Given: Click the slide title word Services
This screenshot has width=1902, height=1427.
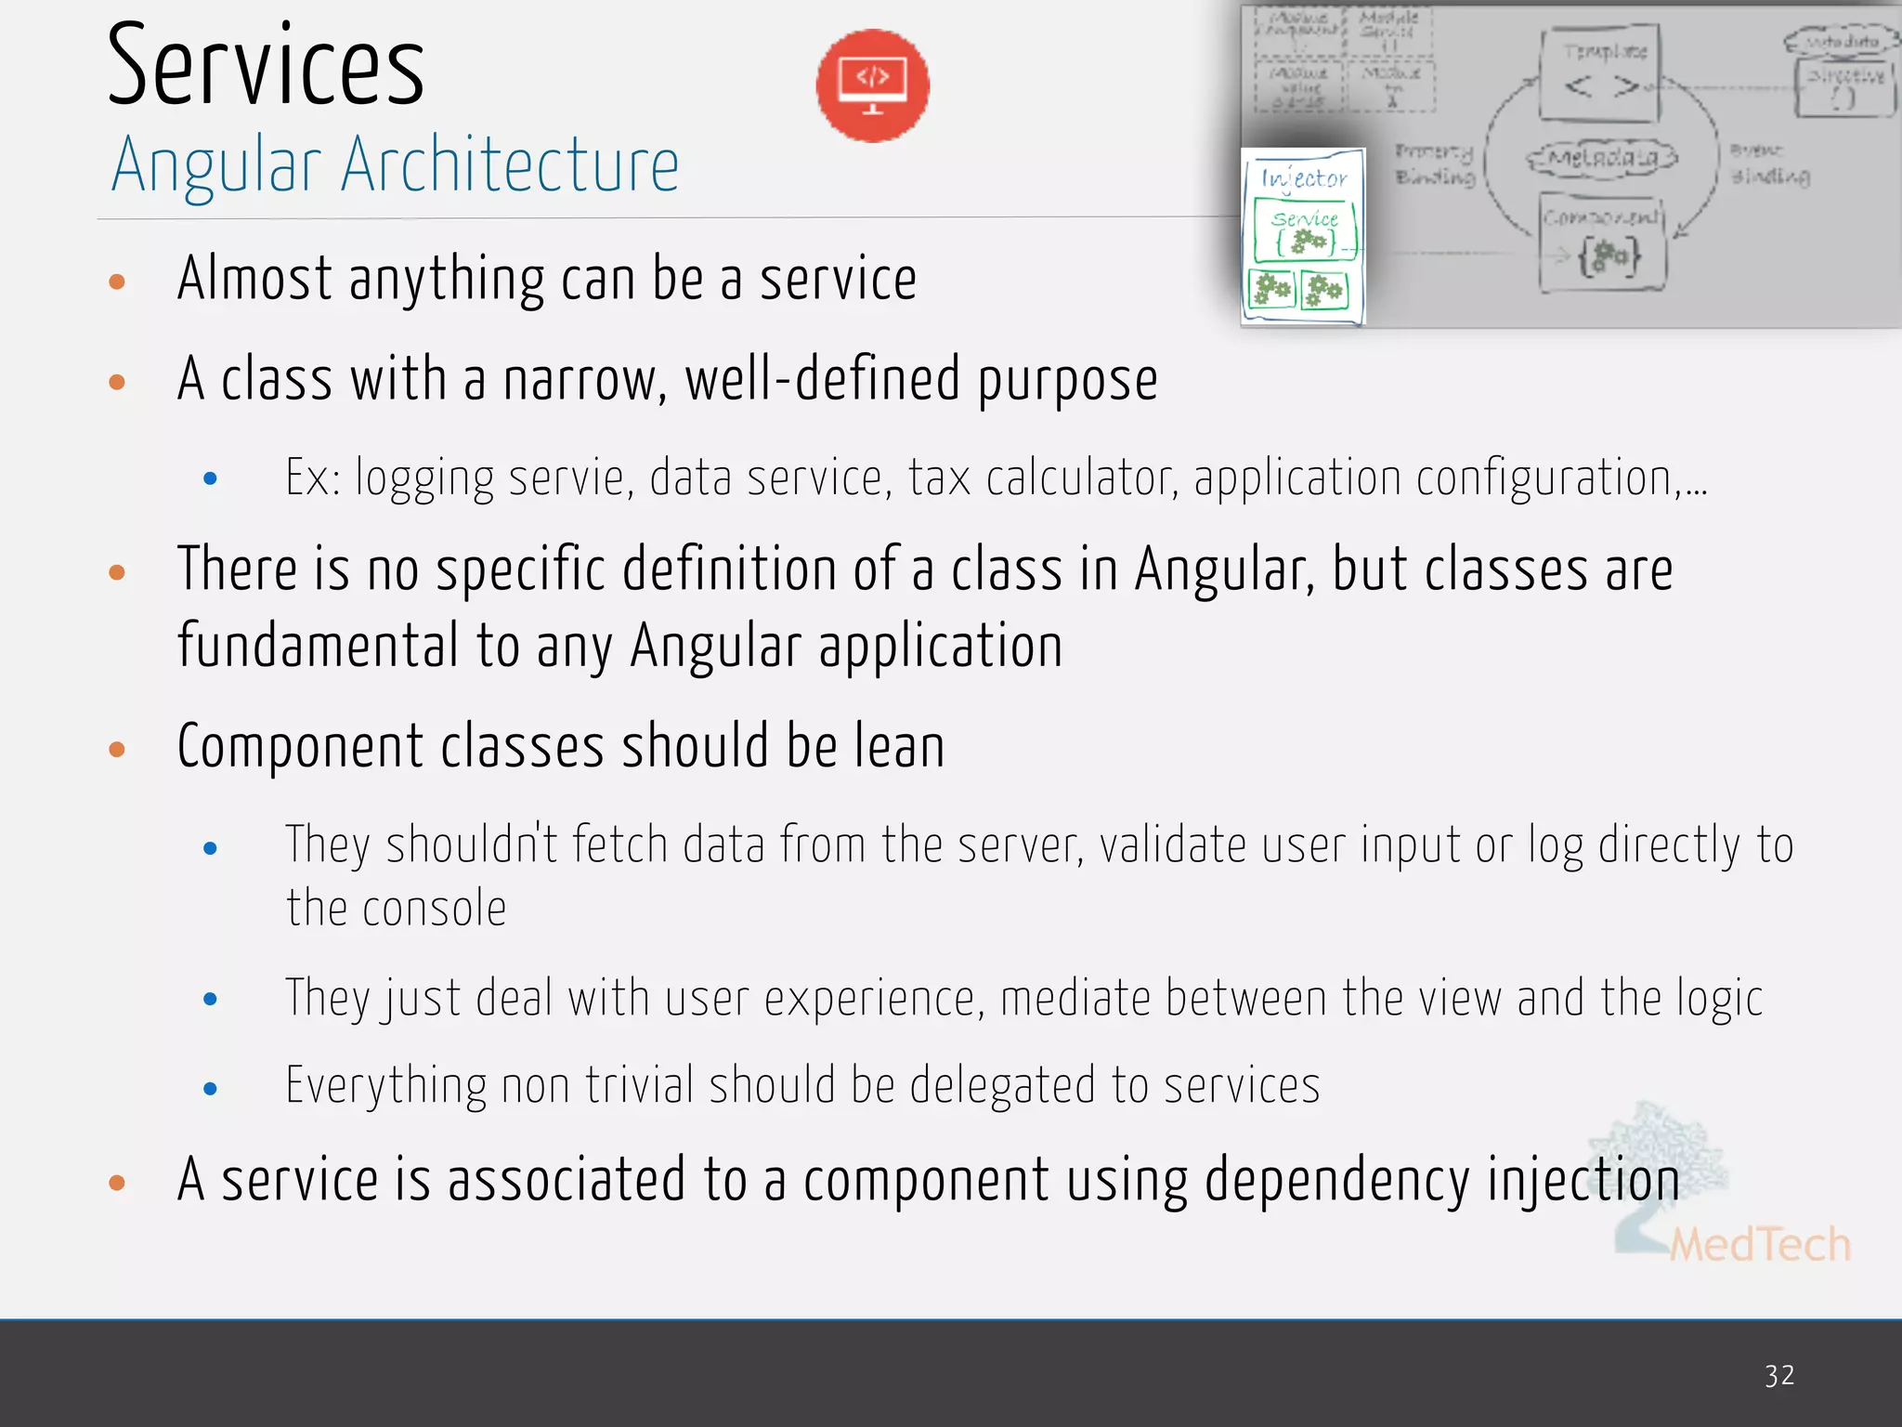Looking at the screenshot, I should (x=266, y=67).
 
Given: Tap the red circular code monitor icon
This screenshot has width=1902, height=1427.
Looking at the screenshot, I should (x=872, y=85).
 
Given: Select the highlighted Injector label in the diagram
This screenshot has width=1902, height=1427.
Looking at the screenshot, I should (x=1304, y=177).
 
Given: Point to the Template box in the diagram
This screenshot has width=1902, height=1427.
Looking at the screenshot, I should (x=1600, y=74).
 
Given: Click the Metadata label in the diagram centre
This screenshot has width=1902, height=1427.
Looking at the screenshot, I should (x=1603, y=159).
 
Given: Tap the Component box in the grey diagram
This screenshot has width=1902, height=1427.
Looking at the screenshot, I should (x=1602, y=243).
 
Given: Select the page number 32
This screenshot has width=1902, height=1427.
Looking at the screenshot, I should (x=1779, y=1375).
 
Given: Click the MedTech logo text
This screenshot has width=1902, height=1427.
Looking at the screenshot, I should (x=1760, y=1244).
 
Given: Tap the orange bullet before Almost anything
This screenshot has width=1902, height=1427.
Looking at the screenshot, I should (x=117, y=281).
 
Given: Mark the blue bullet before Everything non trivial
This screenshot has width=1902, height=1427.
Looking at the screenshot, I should (x=211, y=1088).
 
